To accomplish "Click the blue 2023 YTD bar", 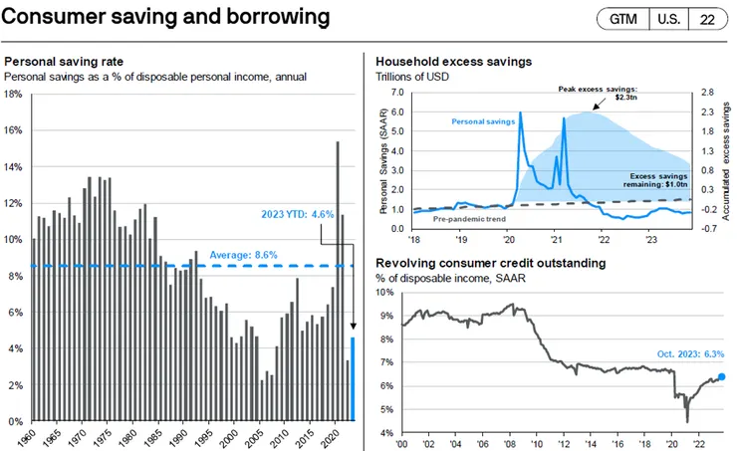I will (353, 379).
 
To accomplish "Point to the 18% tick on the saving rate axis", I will (14, 95).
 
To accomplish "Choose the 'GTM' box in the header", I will (620, 19).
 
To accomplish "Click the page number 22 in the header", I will (706, 19).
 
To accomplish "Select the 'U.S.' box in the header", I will (665, 19).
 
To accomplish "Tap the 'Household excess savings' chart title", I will (452, 62).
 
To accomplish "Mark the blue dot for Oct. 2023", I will (721, 377).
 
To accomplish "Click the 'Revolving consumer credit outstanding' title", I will (489, 263).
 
